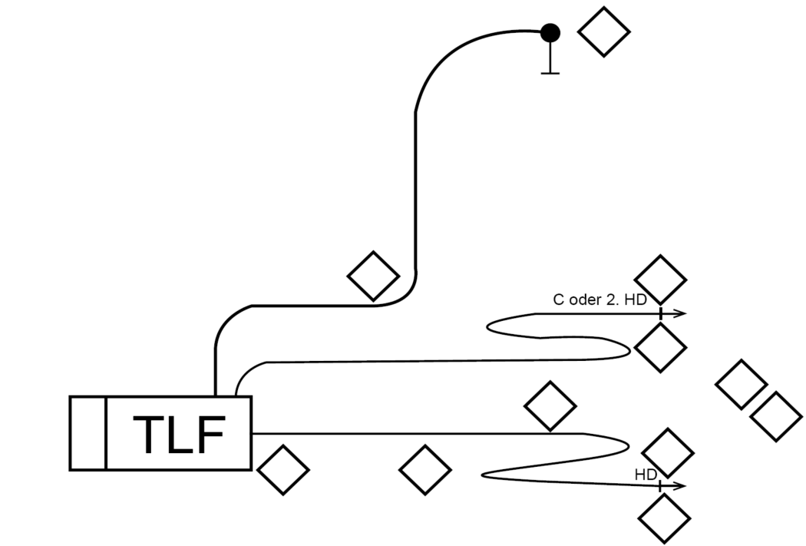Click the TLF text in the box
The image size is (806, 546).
pos(179,435)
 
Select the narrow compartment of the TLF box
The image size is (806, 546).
pos(88,433)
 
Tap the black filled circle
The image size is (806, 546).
pos(550,33)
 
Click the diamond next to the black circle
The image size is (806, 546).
pos(604,31)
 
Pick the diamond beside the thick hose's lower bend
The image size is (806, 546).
pos(374,276)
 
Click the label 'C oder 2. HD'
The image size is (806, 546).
pos(600,299)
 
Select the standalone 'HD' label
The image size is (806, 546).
pos(646,475)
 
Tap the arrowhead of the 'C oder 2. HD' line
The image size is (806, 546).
pos(679,313)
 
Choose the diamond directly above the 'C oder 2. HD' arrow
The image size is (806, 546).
pos(660,280)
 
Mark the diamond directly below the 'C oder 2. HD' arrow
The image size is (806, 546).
pos(660,347)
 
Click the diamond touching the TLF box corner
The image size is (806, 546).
pos(283,470)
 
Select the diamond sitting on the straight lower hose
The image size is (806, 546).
pos(550,405)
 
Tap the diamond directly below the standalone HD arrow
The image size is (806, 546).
pos(664,518)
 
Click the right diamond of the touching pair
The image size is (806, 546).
pos(776,416)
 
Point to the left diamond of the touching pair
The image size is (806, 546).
pos(742,385)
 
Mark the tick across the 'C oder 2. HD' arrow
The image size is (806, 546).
pos(660,313)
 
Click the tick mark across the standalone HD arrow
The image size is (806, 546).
pos(659,485)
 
